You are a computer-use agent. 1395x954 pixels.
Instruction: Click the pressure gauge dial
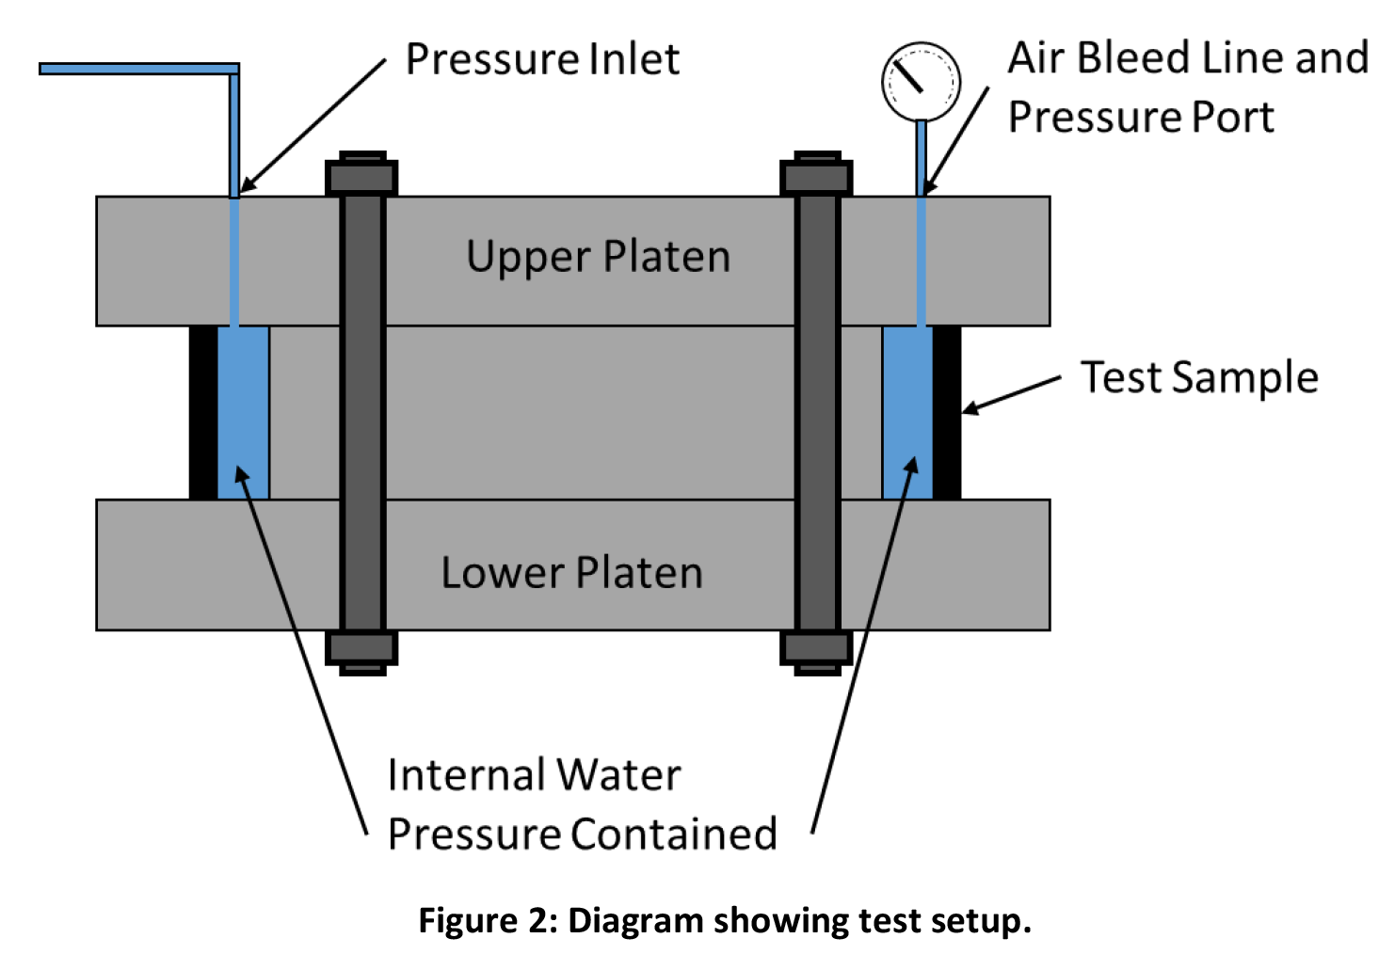[921, 81]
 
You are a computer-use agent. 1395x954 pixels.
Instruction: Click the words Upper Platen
[598, 257]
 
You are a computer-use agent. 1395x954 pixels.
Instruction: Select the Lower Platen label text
[571, 573]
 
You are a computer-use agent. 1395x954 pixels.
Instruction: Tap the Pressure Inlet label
[542, 59]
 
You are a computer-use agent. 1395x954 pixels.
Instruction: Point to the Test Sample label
[1198, 377]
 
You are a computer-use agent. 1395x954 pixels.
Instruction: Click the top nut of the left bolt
[361, 176]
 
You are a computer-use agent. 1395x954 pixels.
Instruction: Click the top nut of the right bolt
[816, 176]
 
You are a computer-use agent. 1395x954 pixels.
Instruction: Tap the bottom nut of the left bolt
[361, 649]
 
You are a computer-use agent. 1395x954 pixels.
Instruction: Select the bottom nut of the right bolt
[816, 649]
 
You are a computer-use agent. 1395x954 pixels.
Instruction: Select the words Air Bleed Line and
[1188, 58]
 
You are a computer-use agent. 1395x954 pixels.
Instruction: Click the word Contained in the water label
[674, 835]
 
